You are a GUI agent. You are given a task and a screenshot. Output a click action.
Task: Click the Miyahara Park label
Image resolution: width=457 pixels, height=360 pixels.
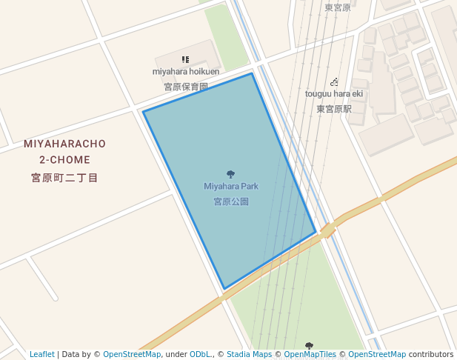[231, 187]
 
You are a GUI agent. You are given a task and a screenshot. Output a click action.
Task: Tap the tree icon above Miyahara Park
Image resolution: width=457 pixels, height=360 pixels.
[231, 175]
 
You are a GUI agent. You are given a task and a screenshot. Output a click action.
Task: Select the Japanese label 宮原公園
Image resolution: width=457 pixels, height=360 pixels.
[231, 201]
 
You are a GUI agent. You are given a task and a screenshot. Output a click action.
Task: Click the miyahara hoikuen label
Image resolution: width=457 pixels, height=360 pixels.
[186, 72]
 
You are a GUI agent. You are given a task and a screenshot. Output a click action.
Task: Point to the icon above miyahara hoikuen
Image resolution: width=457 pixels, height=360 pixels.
[185, 59]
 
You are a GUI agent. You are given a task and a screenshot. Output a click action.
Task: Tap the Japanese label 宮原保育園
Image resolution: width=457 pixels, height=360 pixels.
[186, 87]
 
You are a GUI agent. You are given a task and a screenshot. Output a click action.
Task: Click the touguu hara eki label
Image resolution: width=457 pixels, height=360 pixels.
[334, 94]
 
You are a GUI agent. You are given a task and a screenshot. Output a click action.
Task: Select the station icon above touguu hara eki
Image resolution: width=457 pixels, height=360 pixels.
[335, 81]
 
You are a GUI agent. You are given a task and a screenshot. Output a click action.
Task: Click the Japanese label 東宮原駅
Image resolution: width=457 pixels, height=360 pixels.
[334, 109]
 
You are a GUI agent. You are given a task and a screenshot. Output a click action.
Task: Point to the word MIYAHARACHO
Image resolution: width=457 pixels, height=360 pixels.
[64, 144]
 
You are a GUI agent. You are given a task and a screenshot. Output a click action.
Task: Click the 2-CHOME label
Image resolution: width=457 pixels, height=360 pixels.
[65, 160]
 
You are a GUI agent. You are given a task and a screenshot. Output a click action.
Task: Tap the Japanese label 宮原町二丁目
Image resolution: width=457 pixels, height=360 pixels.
[64, 178]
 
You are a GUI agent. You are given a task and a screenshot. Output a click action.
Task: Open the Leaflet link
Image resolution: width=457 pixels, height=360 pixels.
[42, 355]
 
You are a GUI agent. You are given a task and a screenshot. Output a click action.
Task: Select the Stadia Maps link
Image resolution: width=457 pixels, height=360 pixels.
[249, 355]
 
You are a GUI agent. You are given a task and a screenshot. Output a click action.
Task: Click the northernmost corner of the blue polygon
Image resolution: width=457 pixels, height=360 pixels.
[252, 73]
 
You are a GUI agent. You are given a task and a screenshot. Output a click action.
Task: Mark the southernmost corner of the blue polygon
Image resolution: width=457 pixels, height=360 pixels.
[224, 289]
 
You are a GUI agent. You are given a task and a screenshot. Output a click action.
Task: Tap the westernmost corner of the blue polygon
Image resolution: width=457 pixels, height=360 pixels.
[143, 112]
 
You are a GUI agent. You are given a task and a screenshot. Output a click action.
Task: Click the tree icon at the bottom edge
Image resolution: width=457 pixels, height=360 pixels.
[309, 346]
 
